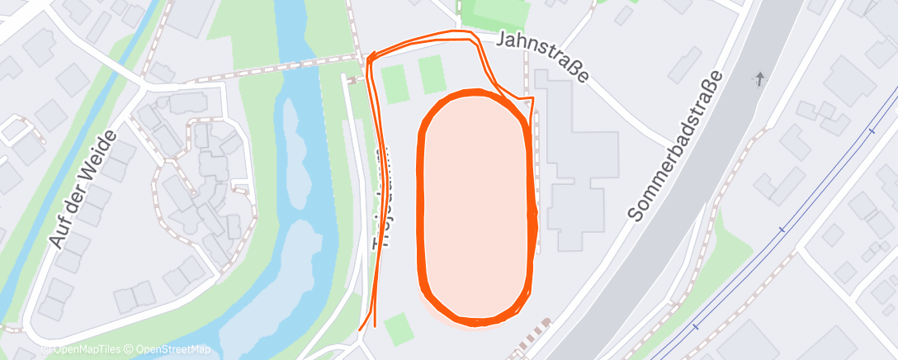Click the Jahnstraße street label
pos(545,56)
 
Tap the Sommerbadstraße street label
pos(674,145)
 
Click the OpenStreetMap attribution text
pos(173,349)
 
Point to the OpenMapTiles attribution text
pos(81,349)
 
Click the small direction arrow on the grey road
pos(759,79)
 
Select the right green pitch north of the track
pos(432,74)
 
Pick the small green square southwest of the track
pos(399,329)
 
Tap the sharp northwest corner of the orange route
pos(368,58)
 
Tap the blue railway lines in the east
pos(784,227)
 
